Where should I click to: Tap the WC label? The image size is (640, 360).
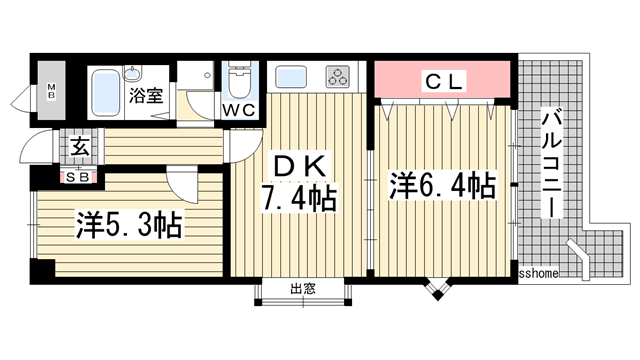click(237, 108)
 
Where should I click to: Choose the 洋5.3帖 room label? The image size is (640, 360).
click(126, 225)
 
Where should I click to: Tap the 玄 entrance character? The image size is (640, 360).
click(77, 146)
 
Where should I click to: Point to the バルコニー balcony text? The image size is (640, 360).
click(549, 164)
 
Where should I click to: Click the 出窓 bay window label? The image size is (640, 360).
click(303, 290)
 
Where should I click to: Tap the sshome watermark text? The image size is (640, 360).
click(540, 272)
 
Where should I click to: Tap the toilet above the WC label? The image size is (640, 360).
click(238, 78)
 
